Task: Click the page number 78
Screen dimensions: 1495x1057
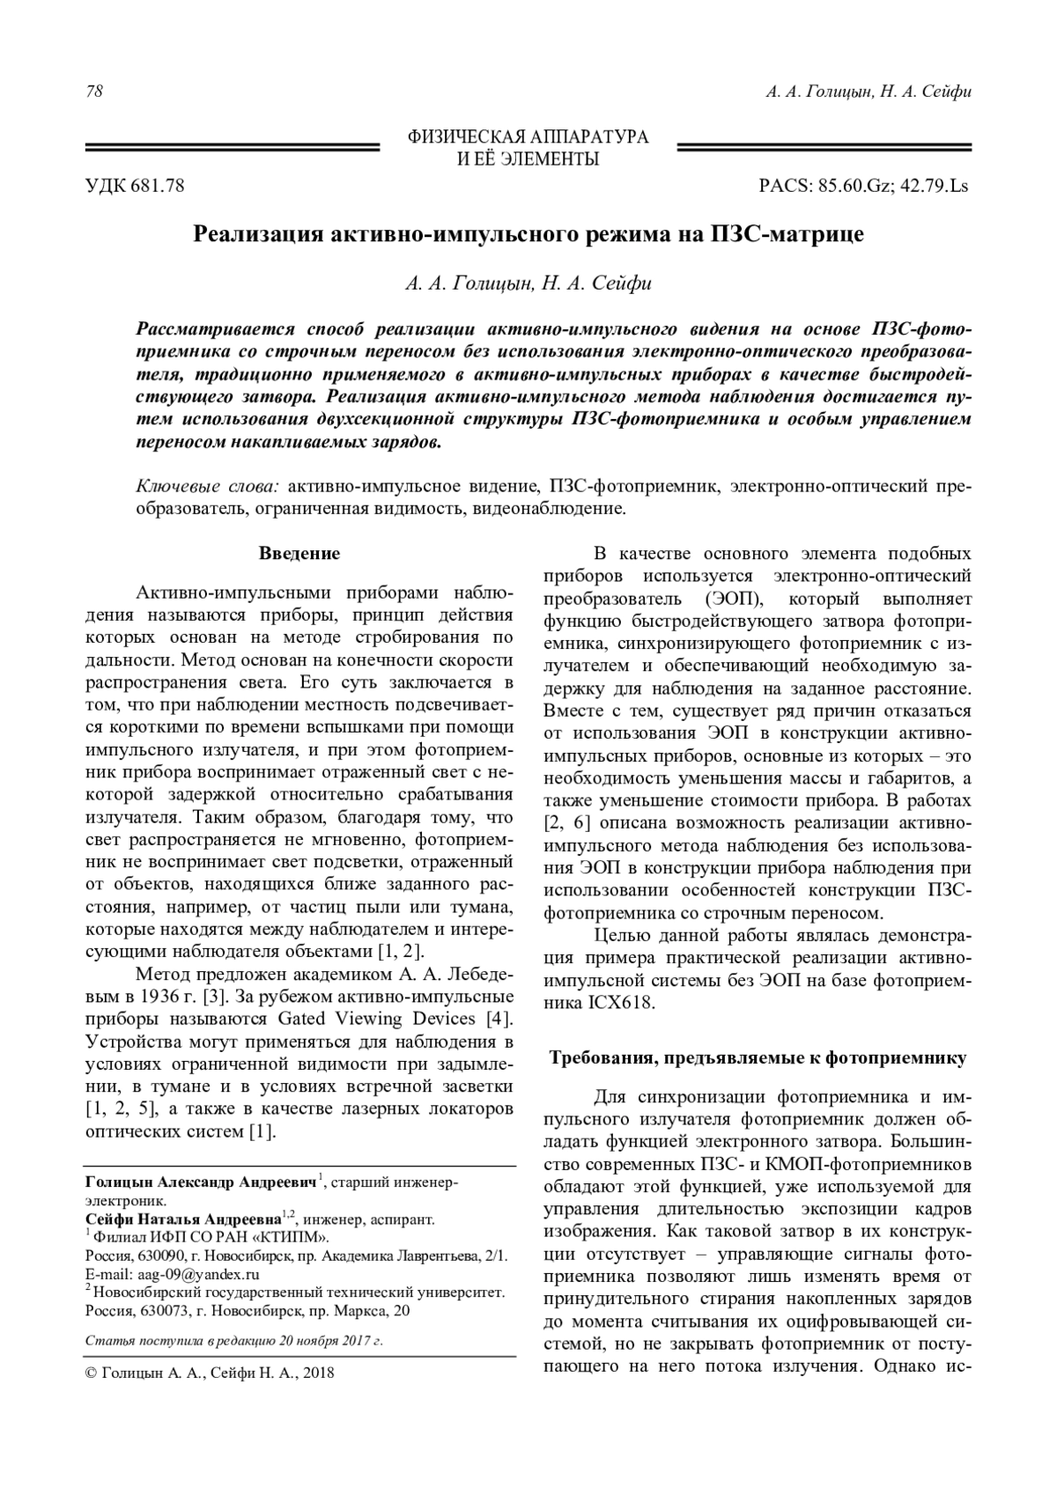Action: tap(93, 92)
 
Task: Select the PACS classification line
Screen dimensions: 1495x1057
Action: tap(864, 186)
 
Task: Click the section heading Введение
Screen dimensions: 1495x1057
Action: tap(299, 554)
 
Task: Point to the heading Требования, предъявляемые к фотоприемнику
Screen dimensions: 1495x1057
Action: tap(758, 1057)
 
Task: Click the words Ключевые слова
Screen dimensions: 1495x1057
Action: tap(207, 486)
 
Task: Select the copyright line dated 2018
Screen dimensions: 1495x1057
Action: tap(210, 1373)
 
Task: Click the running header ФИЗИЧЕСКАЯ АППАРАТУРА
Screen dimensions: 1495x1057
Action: tap(528, 137)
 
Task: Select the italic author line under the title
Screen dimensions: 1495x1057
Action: tap(528, 284)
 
